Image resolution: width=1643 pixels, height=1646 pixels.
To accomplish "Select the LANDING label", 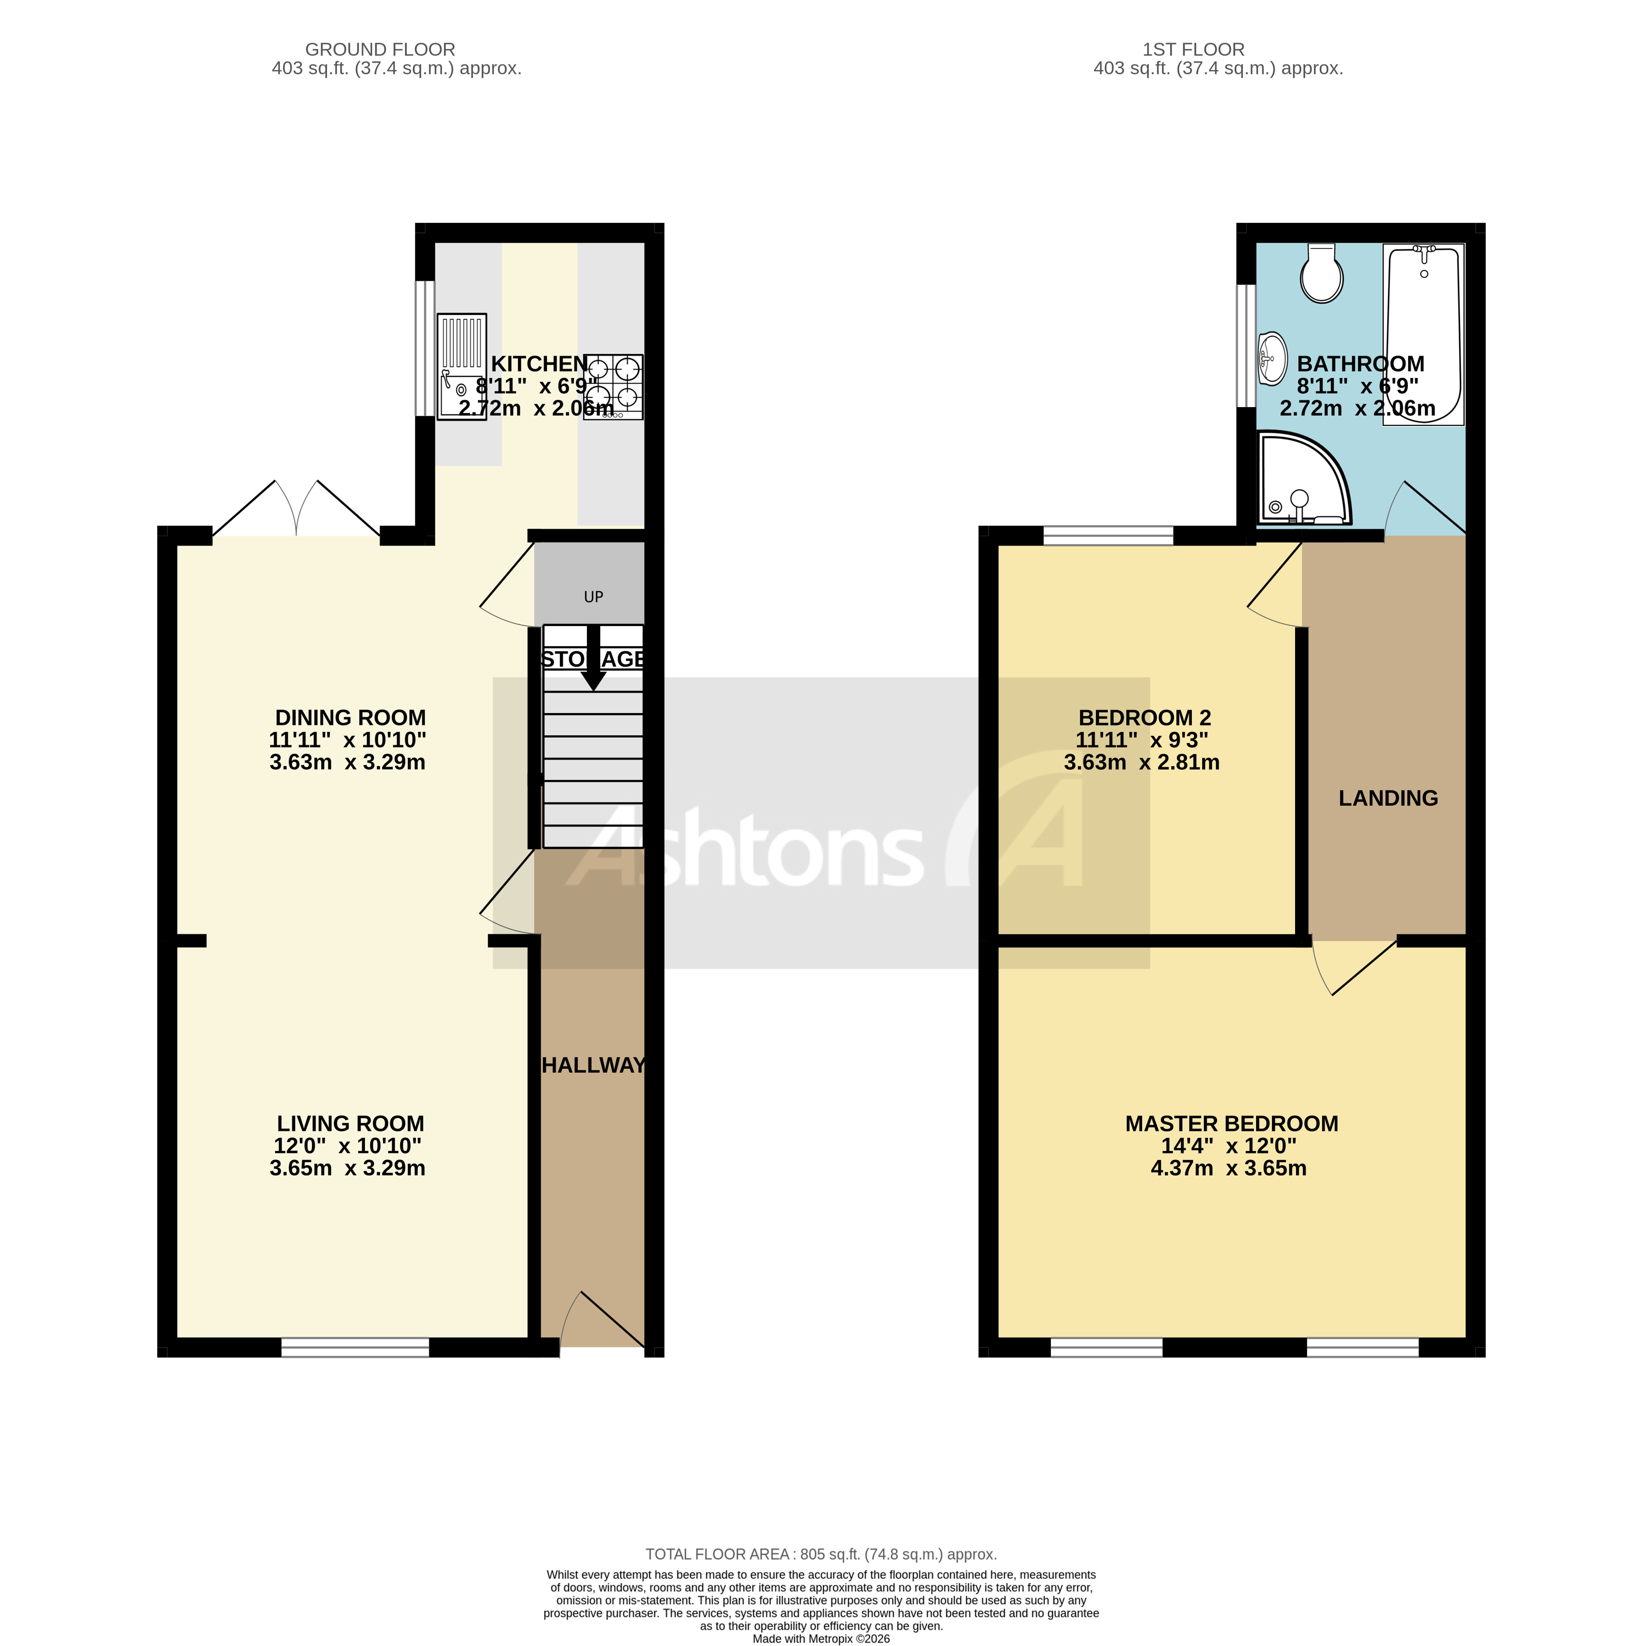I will [x=1387, y=798].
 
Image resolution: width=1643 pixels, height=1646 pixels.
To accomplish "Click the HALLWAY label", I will [x=593, y=1065].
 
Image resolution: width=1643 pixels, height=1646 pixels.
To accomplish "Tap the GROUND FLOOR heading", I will [x=380, y=49].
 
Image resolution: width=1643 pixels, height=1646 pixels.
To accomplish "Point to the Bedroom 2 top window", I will [x=1108, y=536].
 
